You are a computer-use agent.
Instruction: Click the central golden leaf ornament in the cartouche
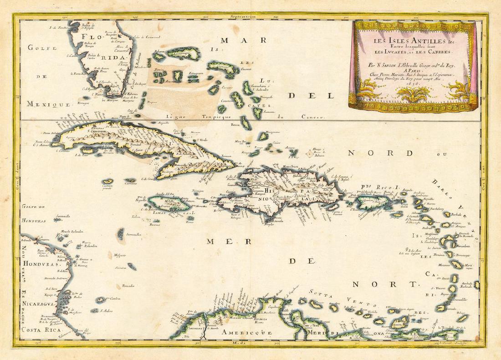click(412, 96)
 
